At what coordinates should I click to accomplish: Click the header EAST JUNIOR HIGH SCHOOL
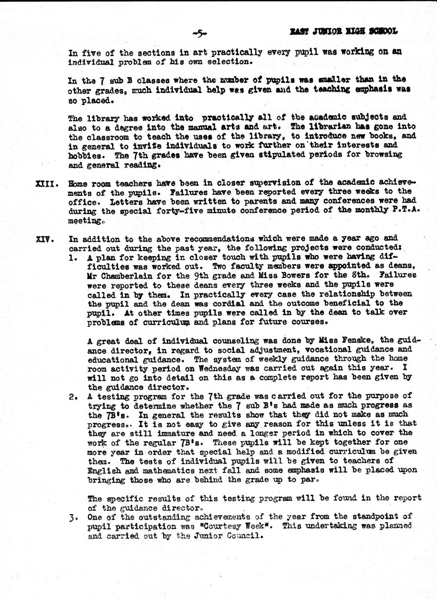click(343, 31)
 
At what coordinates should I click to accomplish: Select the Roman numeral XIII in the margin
click(44, 183)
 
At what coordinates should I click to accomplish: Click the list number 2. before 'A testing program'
click(73, 396)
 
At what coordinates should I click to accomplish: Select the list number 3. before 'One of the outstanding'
click(72, 517)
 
